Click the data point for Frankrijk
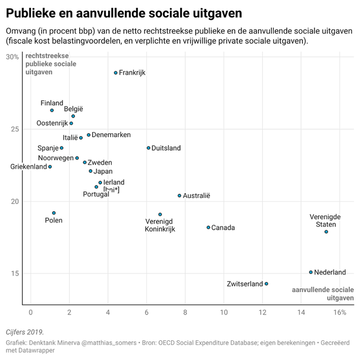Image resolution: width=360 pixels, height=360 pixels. click(116, 73)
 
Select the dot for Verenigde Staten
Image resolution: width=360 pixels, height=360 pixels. click(326, 232)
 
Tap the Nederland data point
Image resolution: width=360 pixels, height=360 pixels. click(311, 272)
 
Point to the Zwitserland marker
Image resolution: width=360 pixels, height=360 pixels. click(266, 284)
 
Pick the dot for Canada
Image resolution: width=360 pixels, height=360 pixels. click(208, 227)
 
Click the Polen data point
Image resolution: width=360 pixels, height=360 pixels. click(54, 213)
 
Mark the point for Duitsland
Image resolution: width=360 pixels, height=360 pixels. click(148, 148)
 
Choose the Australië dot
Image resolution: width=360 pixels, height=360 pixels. click(179, 195)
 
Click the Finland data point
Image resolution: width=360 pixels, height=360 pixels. click(52, 110)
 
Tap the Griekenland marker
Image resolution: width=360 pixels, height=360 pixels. click(50, 167)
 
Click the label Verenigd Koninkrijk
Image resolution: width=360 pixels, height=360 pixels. click(160, 225)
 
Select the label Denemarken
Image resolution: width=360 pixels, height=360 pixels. click(111, 135)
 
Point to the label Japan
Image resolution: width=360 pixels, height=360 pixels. click(103, 171)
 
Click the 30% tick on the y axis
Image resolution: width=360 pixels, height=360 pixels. click(12, 57)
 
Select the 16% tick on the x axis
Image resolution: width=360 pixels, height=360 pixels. click(340, 313)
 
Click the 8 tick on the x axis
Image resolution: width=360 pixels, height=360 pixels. click(185, 313)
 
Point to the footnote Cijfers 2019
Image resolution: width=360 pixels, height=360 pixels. click(25, 332)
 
